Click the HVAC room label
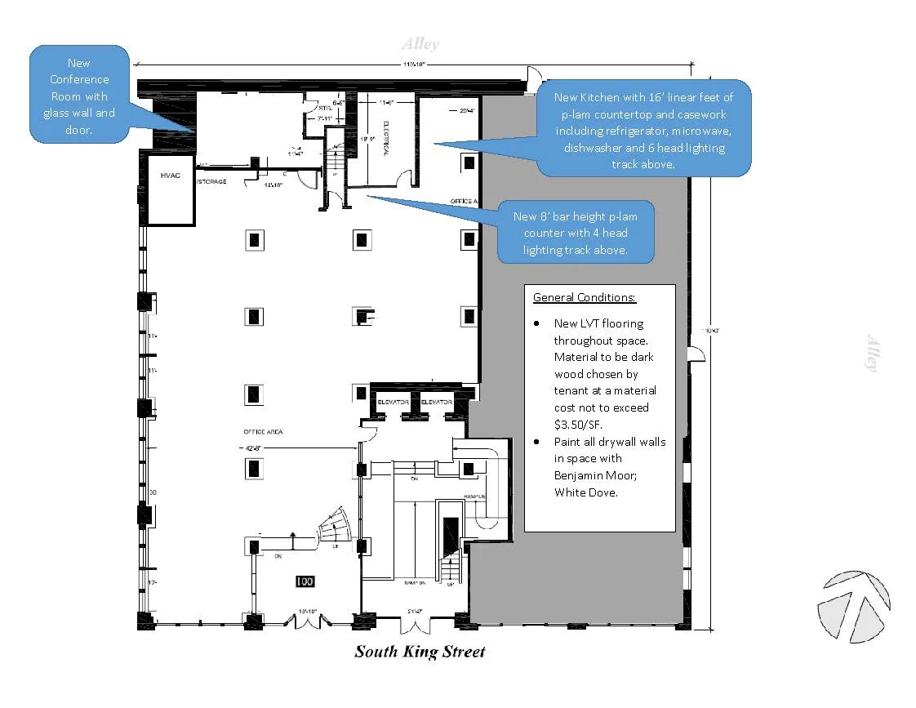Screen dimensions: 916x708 click(x=169, y=176)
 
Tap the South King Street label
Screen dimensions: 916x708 click(x=420, y=652)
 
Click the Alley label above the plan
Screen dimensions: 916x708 click(x=420, y=44)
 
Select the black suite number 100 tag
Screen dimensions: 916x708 click(x=305, y=581)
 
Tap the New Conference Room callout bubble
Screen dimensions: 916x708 click(x=79, y=96)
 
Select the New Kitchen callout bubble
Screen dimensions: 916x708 click(x=643, y=130)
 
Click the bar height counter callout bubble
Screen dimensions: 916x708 click(x=576, y=233)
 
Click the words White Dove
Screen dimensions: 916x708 click(x=586, y=492)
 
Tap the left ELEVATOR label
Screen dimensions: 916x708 click(x=393, y=403)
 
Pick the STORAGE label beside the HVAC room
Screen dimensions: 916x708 click(x=211, y=181)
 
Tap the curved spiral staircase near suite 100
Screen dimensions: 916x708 click(x=335, y=526)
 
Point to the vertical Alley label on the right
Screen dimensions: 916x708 click(x=871, y=354)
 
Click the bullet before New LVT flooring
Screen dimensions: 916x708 click(x=536, y=323)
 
